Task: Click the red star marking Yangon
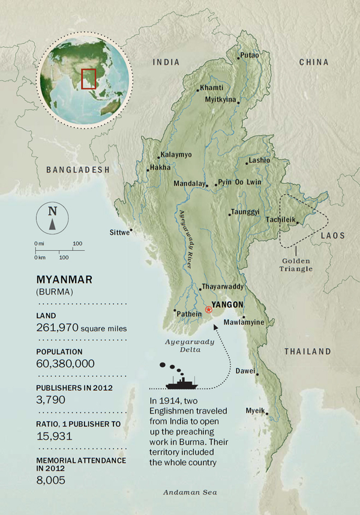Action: coord(208,310)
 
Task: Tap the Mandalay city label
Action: coord(188,184)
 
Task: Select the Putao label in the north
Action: coord(250,56)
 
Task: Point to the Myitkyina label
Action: coord(221,100)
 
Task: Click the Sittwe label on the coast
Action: coord(119,232)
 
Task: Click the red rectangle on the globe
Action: coord(89,79)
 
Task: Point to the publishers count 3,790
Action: coord(50,400)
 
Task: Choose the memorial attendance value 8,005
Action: coord(50,480)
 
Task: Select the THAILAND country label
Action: coord(307,351)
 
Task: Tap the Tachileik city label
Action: coord(281,220)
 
